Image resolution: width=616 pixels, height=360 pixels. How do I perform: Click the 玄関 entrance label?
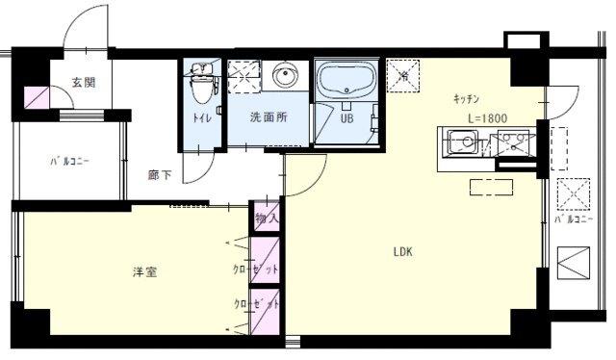(83, 84)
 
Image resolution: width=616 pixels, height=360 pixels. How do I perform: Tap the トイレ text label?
(202, 119)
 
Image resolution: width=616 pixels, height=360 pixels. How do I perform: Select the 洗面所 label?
(268, 119)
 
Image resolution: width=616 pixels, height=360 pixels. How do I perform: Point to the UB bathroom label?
(346, 120)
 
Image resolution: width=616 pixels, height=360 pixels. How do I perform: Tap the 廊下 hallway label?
(160, 175)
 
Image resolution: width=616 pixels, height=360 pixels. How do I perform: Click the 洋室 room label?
(145, 272)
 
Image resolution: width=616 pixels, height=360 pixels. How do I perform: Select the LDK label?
(402, 254)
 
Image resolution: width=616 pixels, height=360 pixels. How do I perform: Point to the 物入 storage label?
(267, 219)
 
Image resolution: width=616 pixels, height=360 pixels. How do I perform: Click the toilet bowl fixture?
(201, 86)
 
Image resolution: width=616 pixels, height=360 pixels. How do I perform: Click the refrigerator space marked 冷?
(401, 76)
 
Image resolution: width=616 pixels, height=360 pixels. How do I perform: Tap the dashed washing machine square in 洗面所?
(244, 75)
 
